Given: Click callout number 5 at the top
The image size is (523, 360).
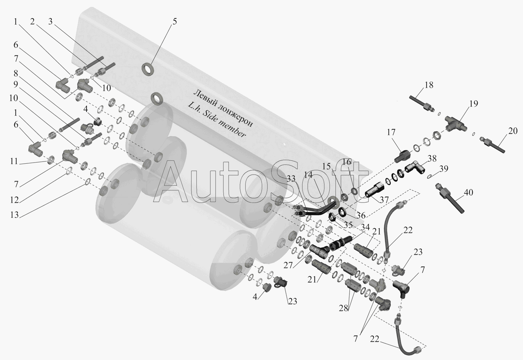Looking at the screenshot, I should (x=175, y=21).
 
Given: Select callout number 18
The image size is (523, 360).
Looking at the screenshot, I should (x=429, y=85).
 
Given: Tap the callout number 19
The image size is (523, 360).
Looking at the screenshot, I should (x=474, y=104).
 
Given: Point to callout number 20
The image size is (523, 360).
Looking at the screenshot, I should (x=512, y=131).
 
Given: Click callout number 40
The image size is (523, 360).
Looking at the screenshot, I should (x=468, y=193).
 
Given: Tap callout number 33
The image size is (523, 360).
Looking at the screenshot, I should (x=291, y=178).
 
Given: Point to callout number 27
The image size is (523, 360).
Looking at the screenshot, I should (x=288, y=265).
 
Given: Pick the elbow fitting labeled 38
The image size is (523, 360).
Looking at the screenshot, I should (x=414, y=167).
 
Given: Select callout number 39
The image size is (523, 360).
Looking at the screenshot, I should (x=444, y=168).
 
